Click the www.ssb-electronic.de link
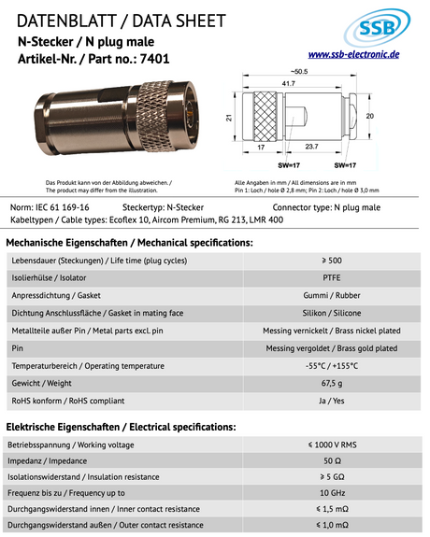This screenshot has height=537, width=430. pos(353,55)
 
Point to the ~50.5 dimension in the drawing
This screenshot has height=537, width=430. pos(297,72)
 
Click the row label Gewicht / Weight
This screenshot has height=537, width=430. pos(46,383)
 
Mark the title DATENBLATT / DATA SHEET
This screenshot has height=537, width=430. pos(111,21)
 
